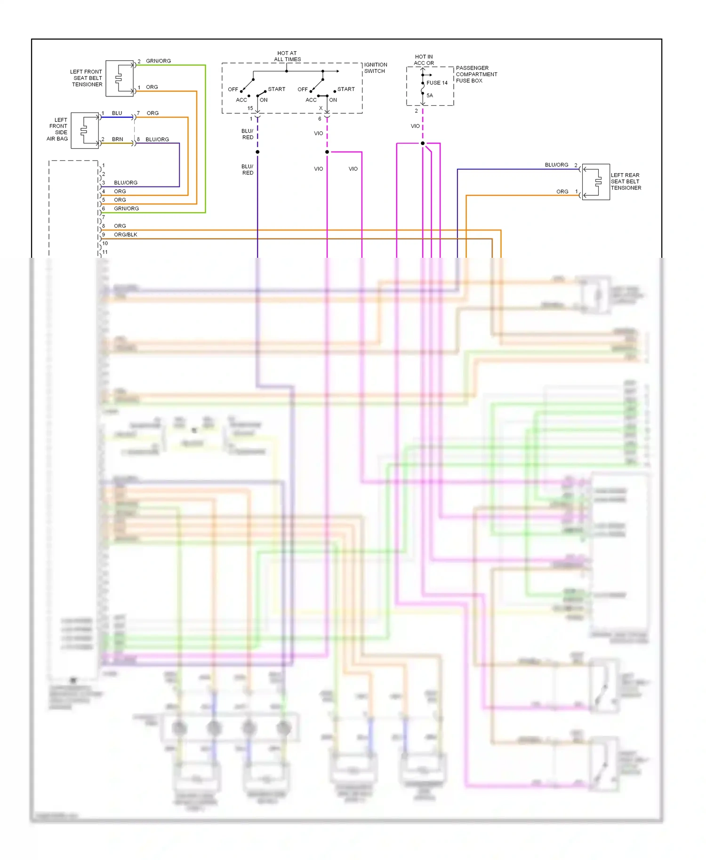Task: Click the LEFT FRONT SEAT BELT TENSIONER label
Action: (x=87, y=78)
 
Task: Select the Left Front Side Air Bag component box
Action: (x=85, y=130)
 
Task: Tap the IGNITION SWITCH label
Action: (x=376, y=68)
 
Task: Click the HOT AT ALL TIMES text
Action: (x=287, y=56)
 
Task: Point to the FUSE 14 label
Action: (x=437, y=83)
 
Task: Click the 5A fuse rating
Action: (x=430, y=96)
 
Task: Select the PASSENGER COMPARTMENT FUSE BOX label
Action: (x=476, y=74)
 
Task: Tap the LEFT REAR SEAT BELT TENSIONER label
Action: (x=626, y=182)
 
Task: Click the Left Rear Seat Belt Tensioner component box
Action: (x=596, y=182)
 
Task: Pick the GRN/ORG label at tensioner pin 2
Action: (x=158, y=61)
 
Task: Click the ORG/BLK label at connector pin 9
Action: (x=126, y=235)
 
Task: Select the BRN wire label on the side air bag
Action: (x=117, y=139)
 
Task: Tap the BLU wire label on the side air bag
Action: (x=117, y=113)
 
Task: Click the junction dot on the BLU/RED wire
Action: (x=257, y=152)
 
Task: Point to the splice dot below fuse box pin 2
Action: (x=423, y=143)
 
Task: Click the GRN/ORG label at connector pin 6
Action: (x=126, y=208)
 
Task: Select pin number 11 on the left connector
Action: (x=105, y=252)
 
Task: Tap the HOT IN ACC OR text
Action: (x=424, y=60)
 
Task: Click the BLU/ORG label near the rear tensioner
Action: (x=556, y=165)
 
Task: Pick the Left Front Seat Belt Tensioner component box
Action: (x=120, y=78)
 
